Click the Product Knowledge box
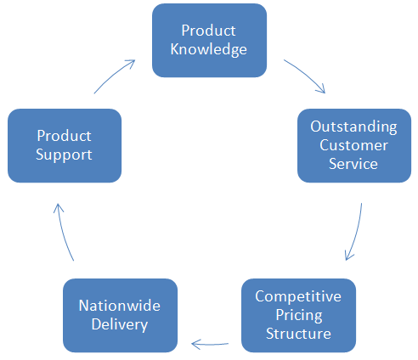click(209, 40)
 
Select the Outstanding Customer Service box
click(354, 145)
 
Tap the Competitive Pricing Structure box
click(298, 315)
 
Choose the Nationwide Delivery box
click(120, 315)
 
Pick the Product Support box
click(65, 145)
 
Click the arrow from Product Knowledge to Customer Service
click(307, 74)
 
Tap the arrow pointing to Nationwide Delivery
click(210, 345)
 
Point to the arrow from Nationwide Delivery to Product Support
click(64, 232)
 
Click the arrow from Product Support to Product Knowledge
click(113, 75)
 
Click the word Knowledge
click(209, 50)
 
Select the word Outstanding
click(353, 127)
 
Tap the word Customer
click(353, 145)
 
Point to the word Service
click(353, 164)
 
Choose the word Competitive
click(298, 296)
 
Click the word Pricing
click(299, 315)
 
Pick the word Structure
click(298, 334)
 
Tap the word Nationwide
click(120, 306)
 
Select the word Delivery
click(120, 324)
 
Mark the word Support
click(64, 155)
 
